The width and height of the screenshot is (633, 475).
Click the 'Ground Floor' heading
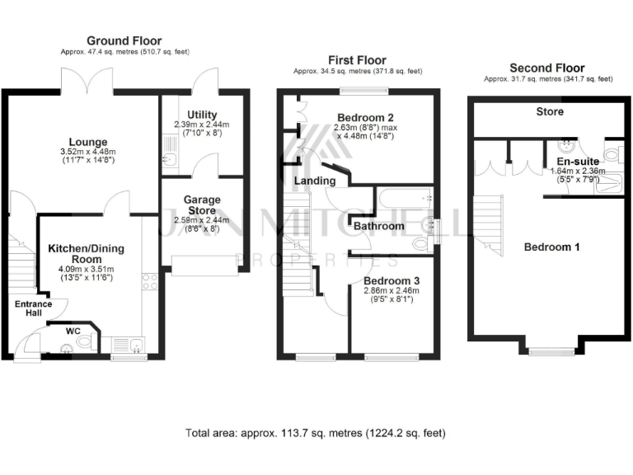(x=124, y=40)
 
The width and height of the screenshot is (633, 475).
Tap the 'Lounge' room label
(x=88, y=141)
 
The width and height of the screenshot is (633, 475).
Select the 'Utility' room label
(x=202, y=114)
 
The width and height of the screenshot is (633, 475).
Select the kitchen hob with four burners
(x=150, y=283)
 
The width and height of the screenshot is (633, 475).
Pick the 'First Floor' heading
(x=358, y=60)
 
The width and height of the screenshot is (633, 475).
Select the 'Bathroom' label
(x=379, y=226)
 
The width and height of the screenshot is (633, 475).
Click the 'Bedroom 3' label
(x=392, y=280)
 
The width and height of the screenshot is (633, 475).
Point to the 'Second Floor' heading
(x=546, y=68)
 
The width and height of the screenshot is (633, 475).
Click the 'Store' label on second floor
(x=549, y=111)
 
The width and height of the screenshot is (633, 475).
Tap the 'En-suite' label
(x=577, y=161)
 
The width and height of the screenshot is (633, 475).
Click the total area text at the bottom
(x=316, y=433)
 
